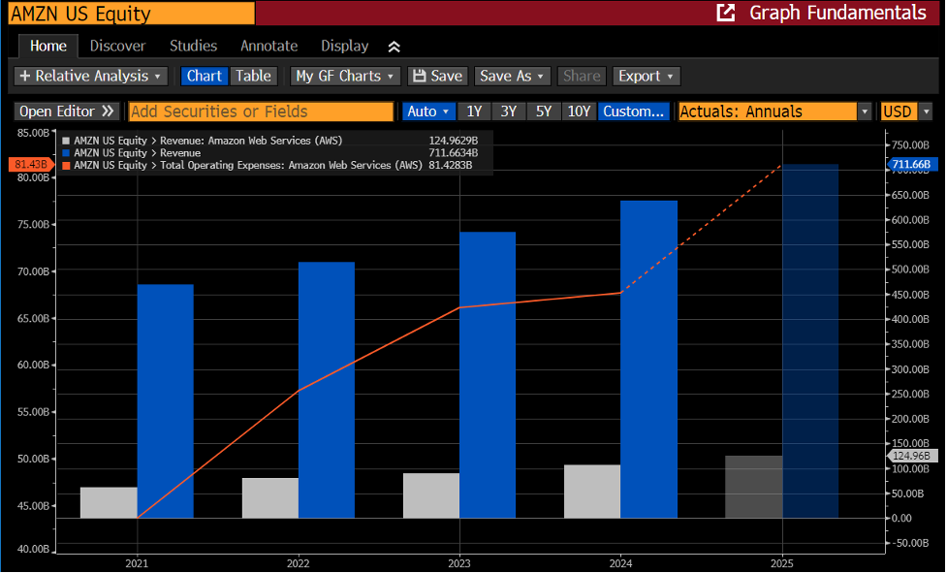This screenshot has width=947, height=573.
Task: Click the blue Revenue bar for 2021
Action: coord(166,401)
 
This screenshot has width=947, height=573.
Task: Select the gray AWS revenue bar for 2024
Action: coord(592,492)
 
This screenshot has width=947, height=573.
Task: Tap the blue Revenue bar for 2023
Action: coord(488,375)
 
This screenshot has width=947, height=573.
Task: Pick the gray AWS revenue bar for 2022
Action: coord(270,498)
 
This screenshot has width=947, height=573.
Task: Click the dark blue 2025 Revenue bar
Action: coord(810,341)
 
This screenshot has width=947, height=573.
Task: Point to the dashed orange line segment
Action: coord(702,229)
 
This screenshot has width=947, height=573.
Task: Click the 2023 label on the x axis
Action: coord(459,563)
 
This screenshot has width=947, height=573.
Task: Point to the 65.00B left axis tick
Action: coord(33,318)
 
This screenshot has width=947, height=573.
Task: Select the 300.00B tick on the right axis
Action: coord(910,369)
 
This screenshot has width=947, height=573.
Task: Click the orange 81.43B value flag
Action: coord(31,164)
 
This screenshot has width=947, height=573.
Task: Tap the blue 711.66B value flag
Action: coord(912,164)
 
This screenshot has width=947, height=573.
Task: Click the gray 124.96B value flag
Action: coord(912,456)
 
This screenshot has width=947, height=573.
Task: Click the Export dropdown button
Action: coord(647,76)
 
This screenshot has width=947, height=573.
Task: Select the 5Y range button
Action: coord(544,111)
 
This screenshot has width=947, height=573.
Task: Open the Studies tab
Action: coord(193,46)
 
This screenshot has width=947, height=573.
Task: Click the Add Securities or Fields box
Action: coord(261,111)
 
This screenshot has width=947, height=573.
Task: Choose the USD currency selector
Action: coord(906,111)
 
